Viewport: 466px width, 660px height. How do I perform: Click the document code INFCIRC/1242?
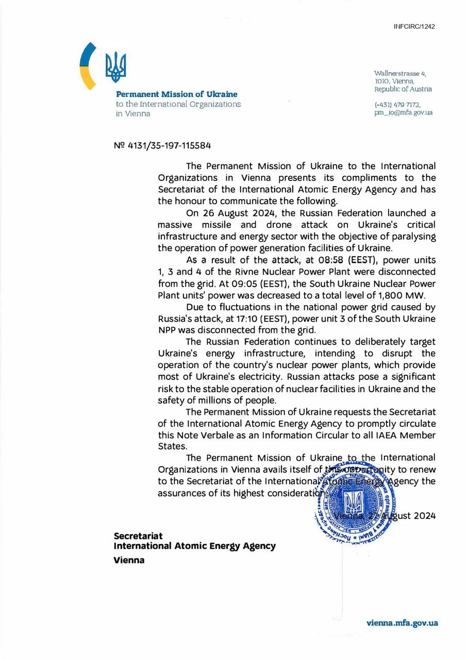414,26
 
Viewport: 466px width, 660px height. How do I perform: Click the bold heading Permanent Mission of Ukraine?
176,94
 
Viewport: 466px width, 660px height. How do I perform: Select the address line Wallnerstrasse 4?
400,74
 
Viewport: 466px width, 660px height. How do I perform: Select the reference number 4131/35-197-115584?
168,146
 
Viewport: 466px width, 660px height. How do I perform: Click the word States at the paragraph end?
172,447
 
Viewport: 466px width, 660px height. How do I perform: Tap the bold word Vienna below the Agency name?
129,560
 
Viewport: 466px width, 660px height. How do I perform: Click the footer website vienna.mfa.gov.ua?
402,623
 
